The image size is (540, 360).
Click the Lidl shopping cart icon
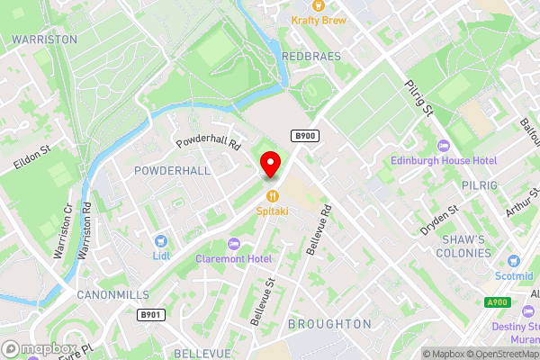[x=161, y=240]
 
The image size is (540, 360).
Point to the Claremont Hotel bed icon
[x=234, y=243]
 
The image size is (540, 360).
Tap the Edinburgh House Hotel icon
[x=442, y=146]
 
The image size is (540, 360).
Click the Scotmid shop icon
[x=513, y=259]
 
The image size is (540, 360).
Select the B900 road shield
[x=303, y=135]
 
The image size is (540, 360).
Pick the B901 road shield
[x=150, y=315]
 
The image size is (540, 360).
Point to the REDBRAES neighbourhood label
[x=312, y=56]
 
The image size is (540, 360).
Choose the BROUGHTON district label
[x=329, y=323]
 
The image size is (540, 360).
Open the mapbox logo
[x=40, y=348]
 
